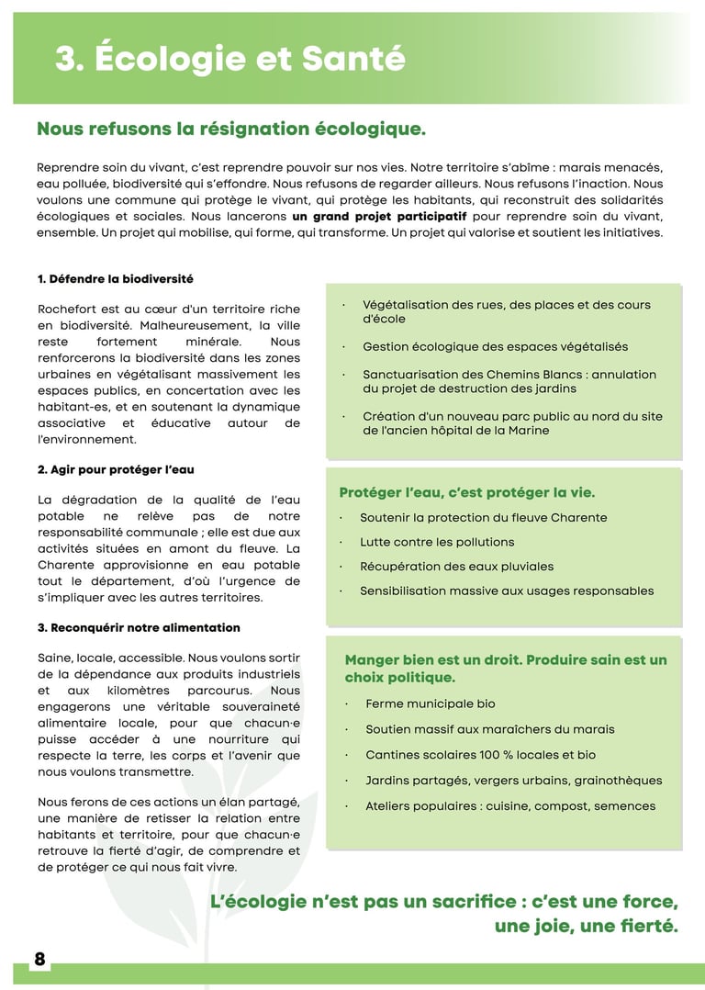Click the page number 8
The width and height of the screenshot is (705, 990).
point(39,960)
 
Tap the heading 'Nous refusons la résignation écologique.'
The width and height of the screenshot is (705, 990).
point(231,129)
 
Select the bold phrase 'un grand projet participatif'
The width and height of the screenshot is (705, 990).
point(379,217)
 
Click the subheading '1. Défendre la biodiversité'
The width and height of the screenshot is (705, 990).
point(116,278)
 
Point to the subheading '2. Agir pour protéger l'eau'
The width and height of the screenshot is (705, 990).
point(116,469)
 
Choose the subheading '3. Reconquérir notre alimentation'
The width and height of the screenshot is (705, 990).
point(139,627)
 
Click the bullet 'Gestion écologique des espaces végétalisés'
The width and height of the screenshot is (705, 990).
point(495,347)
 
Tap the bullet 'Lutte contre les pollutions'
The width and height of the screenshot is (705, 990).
point(437,542)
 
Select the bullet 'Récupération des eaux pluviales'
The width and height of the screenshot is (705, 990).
point(456,567)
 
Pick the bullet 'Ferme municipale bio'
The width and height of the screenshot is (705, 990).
point(430,703)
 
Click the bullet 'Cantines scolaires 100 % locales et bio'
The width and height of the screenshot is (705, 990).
point(480,755)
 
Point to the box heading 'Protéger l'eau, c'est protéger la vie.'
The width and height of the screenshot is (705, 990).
point(466,492)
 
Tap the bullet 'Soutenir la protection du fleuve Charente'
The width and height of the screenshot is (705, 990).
point(483,518)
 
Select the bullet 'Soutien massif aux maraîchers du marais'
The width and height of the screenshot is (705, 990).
point(489,729)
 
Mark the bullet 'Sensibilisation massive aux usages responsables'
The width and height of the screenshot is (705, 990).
point(507,591)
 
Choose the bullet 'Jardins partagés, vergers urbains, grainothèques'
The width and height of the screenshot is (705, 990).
point(513,781)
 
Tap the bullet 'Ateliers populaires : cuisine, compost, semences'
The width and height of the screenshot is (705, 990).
point(510,806)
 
